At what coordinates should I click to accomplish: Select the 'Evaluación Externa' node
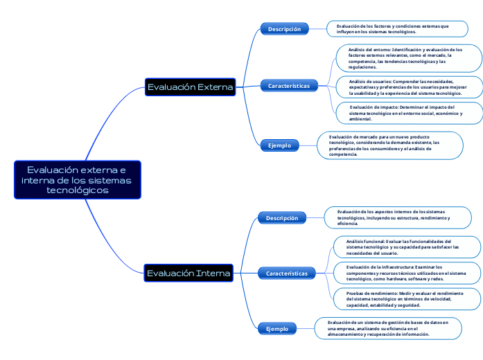point(191,87)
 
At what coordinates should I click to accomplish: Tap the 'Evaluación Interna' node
point(188,273)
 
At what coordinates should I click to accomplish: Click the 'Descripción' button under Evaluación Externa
point(284,29)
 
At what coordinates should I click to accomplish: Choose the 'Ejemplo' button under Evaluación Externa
point(279,145)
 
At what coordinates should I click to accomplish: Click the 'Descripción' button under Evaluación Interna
point(282,218)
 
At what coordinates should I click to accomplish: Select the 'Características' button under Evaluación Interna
point(287,273)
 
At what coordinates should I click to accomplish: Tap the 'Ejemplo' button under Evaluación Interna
point(277,329)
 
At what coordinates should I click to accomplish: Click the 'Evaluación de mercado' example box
point(390,145)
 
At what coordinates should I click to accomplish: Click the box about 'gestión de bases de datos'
point(388,328)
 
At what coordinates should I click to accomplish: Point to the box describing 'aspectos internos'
point(399,217)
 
